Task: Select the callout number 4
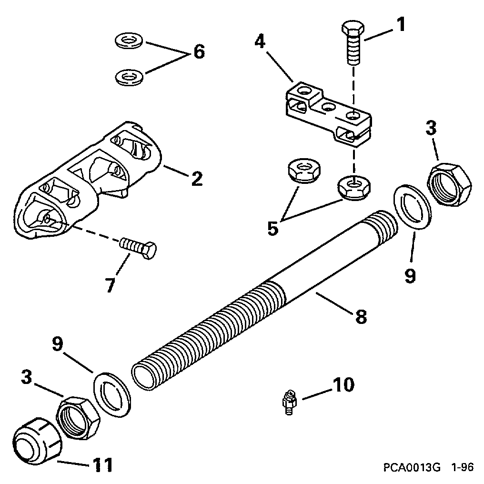[x=259, y=42]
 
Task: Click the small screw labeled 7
[x=138, y=248]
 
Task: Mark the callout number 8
[x=361, y=317]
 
